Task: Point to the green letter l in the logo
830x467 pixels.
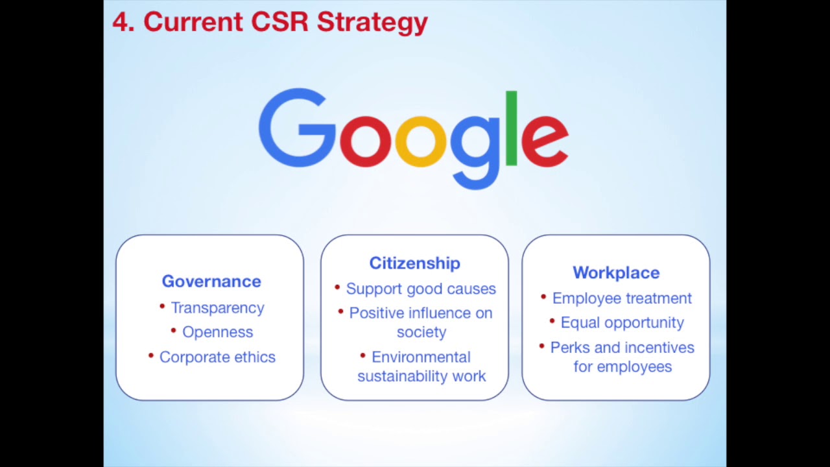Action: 511,128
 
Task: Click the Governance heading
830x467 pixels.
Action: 211,281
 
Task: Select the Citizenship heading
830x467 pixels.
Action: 414,263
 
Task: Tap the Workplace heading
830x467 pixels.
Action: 615,272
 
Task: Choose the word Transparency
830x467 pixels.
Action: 217,307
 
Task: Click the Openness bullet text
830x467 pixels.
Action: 217,332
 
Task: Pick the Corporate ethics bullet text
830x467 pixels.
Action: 217,357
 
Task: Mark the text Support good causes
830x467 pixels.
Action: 421,289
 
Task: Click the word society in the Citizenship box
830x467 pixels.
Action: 421,332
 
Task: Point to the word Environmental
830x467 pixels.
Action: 421,357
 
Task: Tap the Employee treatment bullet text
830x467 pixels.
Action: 622,298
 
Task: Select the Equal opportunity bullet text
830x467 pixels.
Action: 622,322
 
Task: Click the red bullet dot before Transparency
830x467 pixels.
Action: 162,305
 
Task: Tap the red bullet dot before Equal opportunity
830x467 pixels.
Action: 552,320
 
